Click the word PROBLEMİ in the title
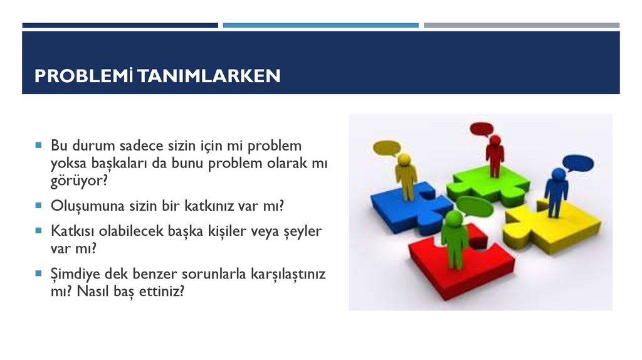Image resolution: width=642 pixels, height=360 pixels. click(x=83, y=76)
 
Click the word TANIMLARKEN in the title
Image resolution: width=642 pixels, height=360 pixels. click(x=209, y=76)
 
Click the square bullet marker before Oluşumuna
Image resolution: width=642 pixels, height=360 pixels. click(x=38, y=204)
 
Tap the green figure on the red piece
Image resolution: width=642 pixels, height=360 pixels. click(x=454, y=238)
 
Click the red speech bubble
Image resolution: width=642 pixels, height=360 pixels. click(x=482, y=129)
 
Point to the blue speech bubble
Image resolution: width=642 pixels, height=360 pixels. click(x=577, y=163)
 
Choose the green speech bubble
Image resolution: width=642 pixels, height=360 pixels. click(x=473, y=205)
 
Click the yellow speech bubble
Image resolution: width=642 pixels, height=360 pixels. click(x=386, y=148)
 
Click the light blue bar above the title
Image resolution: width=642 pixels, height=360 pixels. click(x=320, y=25)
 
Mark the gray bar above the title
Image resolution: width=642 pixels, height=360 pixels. click(x=521, y=25)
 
